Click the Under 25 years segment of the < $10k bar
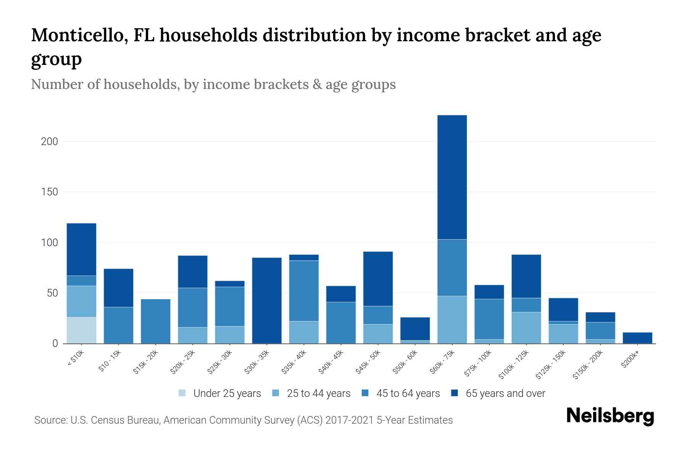click(81, 330)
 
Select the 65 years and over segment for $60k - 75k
click(452, 177)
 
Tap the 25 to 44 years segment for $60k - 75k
click(452, 320)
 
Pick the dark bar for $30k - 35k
click(267, 300)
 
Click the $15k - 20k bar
click(155, 321)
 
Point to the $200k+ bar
click(637, 338)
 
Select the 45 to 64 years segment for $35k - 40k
click(304, 291)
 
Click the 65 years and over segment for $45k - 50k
click(378, 279)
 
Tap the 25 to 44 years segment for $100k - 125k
click(526, 328)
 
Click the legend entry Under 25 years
click(227, 393)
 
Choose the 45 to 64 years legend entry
click(408, 393)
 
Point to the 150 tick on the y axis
click(50, 192)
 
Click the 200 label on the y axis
click(50, 142)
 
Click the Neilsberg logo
click(610, 416)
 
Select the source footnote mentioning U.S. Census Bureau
click(244, 420)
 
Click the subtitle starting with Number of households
click(213, 84)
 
